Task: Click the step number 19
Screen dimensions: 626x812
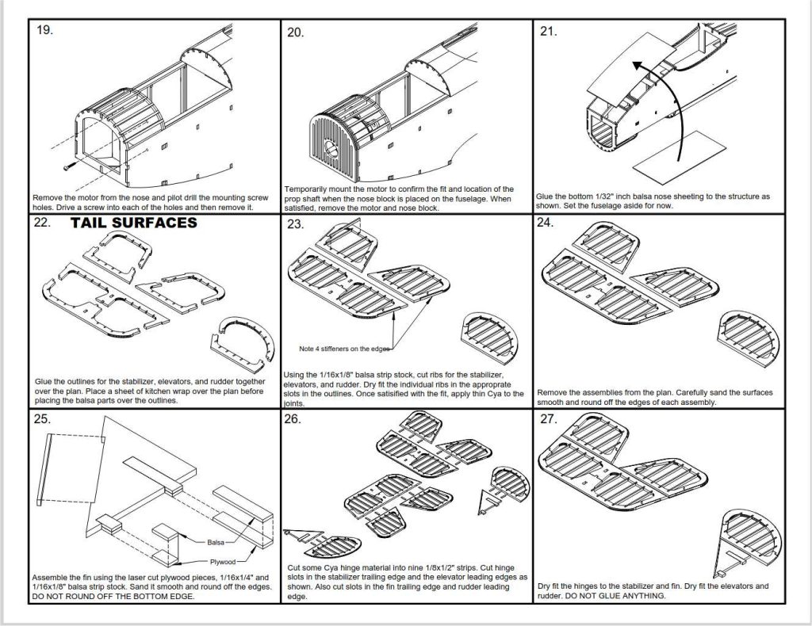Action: pyautogui.click(x=44, y=31)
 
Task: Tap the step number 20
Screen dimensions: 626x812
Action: pyautogui.click(x=296, y=32)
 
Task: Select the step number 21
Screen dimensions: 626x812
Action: pyautogui.click(x=548, y=32)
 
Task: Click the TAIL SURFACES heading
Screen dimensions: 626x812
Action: pyautogui.click(x=133, y=223)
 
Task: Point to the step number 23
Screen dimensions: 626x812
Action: pyautogui.click(x=296, y=224)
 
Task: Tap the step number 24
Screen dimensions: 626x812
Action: pyautogui.click(x=546, y=223)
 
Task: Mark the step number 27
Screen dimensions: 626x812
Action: pyautogui.click(x=548, y=418)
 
